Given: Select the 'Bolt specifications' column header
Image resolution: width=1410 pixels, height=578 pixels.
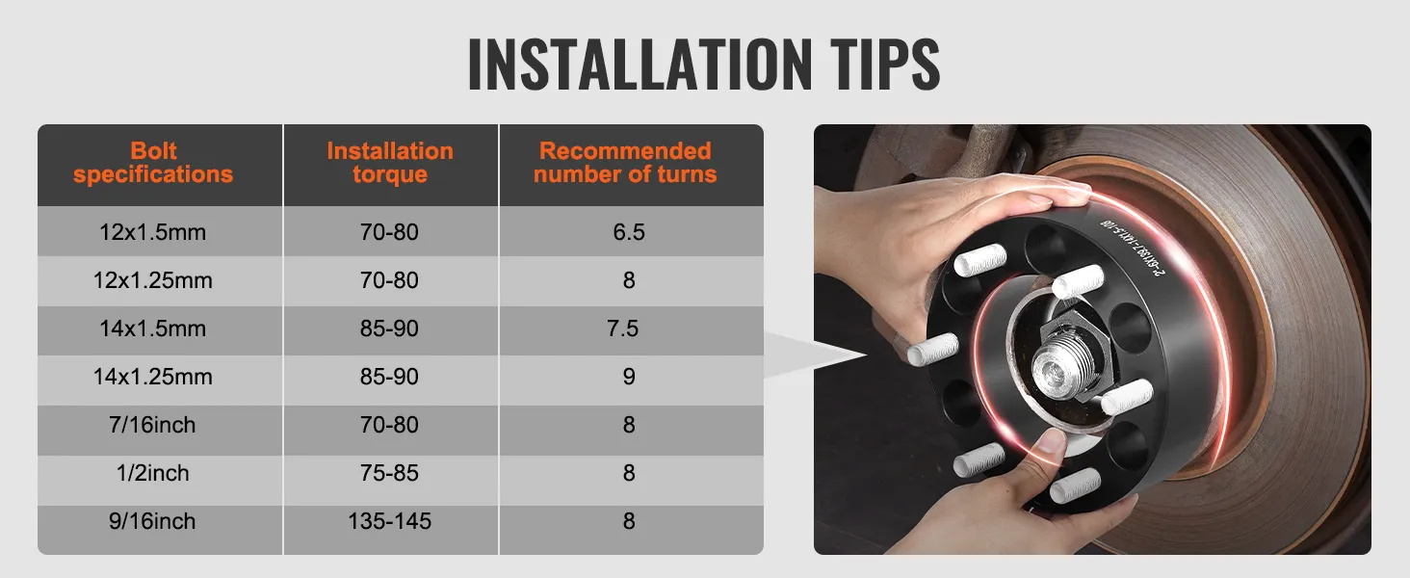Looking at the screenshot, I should (153, 163).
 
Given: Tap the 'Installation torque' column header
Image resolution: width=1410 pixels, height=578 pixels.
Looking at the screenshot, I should (389, 163).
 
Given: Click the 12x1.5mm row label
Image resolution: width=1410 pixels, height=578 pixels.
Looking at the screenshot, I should (153, 233).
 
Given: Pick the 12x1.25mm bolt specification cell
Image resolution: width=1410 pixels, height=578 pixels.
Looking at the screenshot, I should (153, 281).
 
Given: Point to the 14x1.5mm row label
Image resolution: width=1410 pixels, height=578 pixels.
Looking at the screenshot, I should (153, 329).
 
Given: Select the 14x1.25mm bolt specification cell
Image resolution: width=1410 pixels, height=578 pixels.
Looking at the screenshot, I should (153, 378).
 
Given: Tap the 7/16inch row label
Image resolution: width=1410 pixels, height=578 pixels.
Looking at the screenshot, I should (153, 426).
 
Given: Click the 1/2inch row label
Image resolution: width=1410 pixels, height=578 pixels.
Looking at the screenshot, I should (153, 474).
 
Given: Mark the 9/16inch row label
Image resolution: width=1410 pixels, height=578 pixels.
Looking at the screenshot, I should (153, 522).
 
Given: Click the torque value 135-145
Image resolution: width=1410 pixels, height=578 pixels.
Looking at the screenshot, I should (389, 522).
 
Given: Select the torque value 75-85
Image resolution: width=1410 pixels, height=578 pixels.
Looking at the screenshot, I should (389, 474).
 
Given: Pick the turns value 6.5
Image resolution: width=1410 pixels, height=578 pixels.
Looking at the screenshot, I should (628, 233).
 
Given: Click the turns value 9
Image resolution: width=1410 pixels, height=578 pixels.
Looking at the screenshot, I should (629, 378).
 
